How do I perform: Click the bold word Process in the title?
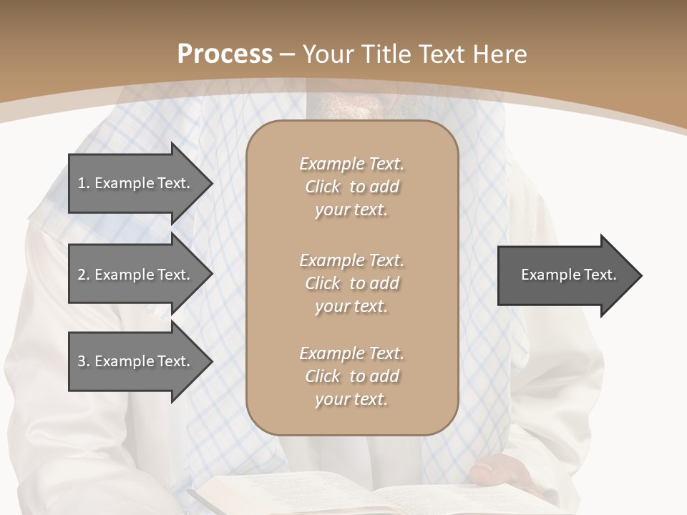pyautogui.click(x=225, y=54)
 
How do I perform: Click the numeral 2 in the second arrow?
pyautogui.click(x=82, y=275)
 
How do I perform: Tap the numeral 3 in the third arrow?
pyautogui.click(x=82, y=361)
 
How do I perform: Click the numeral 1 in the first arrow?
pyautogui.click(x=82, y=183)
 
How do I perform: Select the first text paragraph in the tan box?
pyautogui.click(x=351, y=187)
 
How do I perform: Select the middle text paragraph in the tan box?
pyautogui.click(x=351, y=283)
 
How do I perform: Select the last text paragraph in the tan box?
pyautogui.click(x=351, y=376)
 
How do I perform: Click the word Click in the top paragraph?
pyautogui.click(x=323, y=187)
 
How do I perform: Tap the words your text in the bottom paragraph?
pyautogui.click(x=351, y=400)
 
